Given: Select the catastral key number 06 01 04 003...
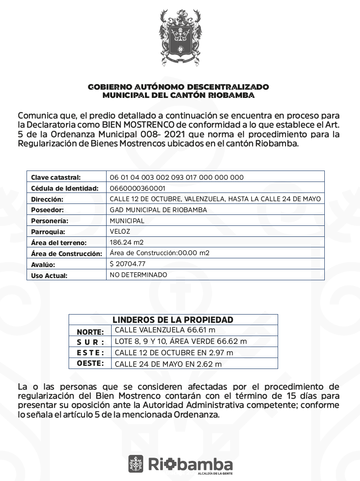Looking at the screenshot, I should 177,177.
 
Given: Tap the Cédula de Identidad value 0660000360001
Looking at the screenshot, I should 138,188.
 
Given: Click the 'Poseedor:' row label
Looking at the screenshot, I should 47,210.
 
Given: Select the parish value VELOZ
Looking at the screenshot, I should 120,231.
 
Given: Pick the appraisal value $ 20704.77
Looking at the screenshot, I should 128,264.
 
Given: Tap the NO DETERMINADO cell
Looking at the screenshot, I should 139,275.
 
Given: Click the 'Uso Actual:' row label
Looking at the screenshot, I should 49,276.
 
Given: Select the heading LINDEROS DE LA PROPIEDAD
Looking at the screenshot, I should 173,320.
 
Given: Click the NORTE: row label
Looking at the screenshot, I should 90,332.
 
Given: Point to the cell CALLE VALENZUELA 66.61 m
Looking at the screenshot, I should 165,330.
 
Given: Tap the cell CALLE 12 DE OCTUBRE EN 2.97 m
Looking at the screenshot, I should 174,353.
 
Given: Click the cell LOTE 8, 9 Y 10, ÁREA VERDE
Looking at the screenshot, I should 181,341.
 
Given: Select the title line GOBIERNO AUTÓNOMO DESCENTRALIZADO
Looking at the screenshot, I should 178,86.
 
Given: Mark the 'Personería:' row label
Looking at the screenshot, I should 49,221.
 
